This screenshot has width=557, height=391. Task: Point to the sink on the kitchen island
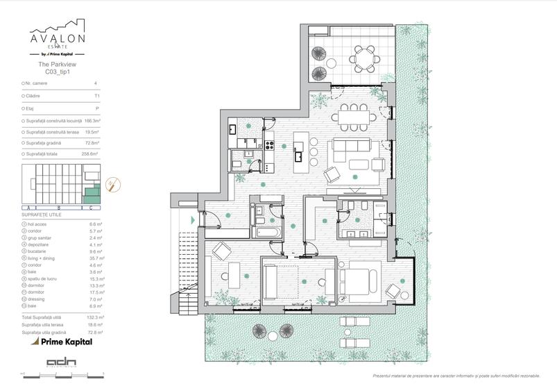299,147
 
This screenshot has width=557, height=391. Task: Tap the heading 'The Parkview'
57,64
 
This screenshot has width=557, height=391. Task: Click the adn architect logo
57,363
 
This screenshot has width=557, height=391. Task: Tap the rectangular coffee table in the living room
361,164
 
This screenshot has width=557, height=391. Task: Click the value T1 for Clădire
96,95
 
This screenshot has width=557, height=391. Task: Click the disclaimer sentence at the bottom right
455,376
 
